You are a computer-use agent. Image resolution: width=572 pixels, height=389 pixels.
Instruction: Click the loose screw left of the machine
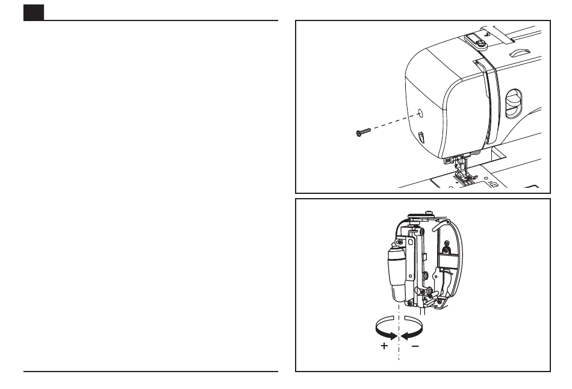click(x=363, y=132)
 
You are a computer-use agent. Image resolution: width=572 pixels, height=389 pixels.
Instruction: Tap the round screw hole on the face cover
click(x=420, y=113)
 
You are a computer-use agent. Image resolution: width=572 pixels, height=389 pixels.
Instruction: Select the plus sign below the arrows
click(x=384, y=346)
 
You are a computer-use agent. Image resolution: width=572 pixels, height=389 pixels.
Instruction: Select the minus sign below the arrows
click(x=415, y=346)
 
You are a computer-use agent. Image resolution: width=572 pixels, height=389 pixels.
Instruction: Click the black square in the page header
click(x=34, y=13)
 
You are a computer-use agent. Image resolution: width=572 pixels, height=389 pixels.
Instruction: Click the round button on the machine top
click(x=481, y=44)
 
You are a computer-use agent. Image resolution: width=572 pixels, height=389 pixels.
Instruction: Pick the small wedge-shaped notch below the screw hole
click(x=420, y=138)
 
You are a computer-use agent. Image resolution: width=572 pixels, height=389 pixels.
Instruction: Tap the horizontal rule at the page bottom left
click(x=151, y=372)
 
